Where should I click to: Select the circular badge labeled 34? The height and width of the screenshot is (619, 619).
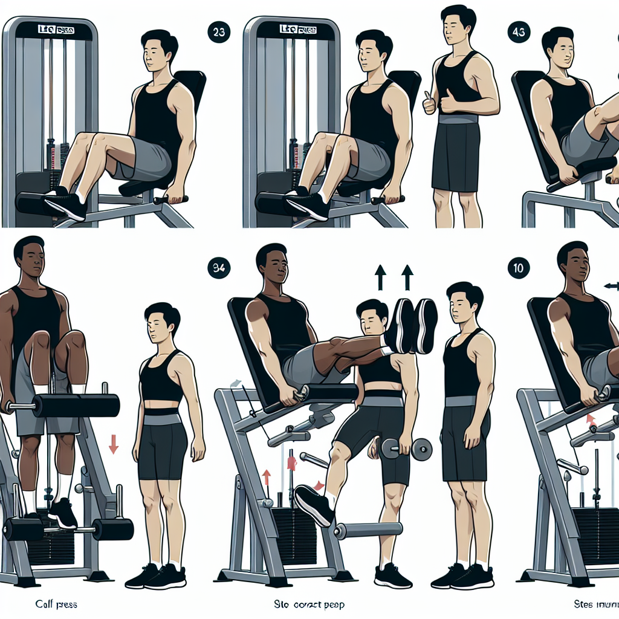click(218, 268)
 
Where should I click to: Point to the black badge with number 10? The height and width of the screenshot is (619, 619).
click(519, 268)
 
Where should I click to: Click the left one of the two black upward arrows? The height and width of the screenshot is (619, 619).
click(381, 277)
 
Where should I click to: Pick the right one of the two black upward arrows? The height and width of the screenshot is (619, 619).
click(407, 277)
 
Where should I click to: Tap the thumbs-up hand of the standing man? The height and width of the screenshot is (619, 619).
click(430, 103)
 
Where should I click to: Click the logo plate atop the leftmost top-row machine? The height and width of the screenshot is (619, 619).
click(50, 29)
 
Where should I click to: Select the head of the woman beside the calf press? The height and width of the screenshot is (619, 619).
click(161, 323)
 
